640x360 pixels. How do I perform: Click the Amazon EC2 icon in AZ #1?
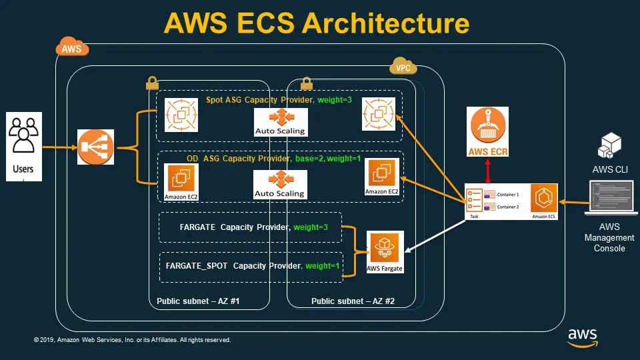181,179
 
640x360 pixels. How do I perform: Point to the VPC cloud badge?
403,68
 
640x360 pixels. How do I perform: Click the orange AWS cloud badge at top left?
71,48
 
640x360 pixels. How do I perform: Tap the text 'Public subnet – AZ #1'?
198,301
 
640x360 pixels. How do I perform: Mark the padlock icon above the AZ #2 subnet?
307,83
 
